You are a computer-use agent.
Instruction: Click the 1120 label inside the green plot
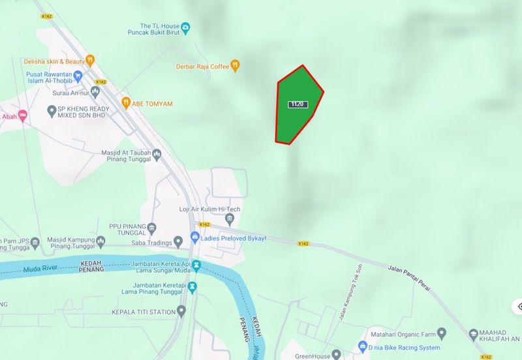point(297,104)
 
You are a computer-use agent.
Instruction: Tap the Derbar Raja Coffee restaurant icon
point(236,65)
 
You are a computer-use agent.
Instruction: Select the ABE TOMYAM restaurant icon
point(126,102)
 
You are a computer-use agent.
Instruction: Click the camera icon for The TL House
point(186,27)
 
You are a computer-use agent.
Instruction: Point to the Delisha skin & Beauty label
point(54,61)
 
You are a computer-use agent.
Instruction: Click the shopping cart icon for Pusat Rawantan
point(79,74)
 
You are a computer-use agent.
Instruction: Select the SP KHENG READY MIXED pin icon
point(52,110)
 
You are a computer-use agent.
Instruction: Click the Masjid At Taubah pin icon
point(157,153)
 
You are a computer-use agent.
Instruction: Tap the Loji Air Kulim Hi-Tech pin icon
point(228,217)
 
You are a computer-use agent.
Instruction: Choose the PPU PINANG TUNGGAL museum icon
point(151,228)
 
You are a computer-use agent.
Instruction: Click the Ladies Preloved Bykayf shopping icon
point(194,235)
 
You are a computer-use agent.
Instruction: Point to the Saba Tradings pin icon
point(178,243)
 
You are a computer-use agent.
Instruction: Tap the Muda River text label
point(41,269)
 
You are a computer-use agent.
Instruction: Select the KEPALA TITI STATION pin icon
point(181,310)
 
